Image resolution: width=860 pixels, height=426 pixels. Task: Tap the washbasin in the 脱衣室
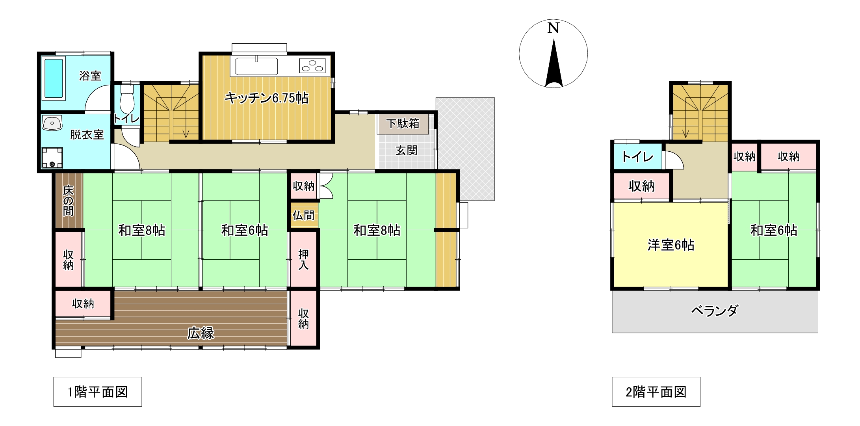pos(52,123)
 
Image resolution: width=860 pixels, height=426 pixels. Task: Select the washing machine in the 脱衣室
pos(52,157)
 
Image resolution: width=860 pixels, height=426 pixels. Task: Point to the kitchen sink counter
pos(256,67)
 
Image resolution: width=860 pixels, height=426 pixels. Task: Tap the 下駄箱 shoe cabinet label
pos(403,124)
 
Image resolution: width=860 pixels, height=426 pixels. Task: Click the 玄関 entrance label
pos(407,151)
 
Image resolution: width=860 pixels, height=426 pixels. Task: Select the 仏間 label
pos(303,215)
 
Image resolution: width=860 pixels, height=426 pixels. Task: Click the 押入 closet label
pos(303,260)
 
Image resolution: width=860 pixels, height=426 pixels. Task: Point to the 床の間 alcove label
pos(68,201)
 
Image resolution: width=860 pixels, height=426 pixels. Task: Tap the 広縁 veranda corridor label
pos(201,333)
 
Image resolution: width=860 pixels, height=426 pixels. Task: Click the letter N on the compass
pos(554,28)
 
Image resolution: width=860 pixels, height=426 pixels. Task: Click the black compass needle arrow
pos(554,63)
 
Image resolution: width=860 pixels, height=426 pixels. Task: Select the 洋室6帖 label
pos(671,245)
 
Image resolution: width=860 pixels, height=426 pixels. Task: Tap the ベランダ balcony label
pos(714,311)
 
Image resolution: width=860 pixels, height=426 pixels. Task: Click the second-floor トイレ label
pos(637,157)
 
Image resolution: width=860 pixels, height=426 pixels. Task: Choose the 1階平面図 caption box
pos(98,392)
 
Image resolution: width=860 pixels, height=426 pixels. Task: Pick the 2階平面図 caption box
pos(656,392)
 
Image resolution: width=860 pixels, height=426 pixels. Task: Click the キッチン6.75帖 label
pos(266,98)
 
